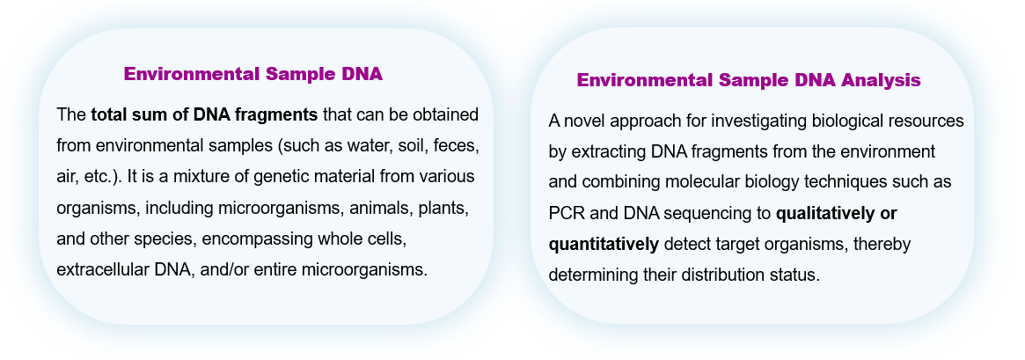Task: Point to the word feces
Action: point(457,145)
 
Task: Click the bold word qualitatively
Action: point(821,214)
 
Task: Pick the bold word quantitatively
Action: point(604,245)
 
